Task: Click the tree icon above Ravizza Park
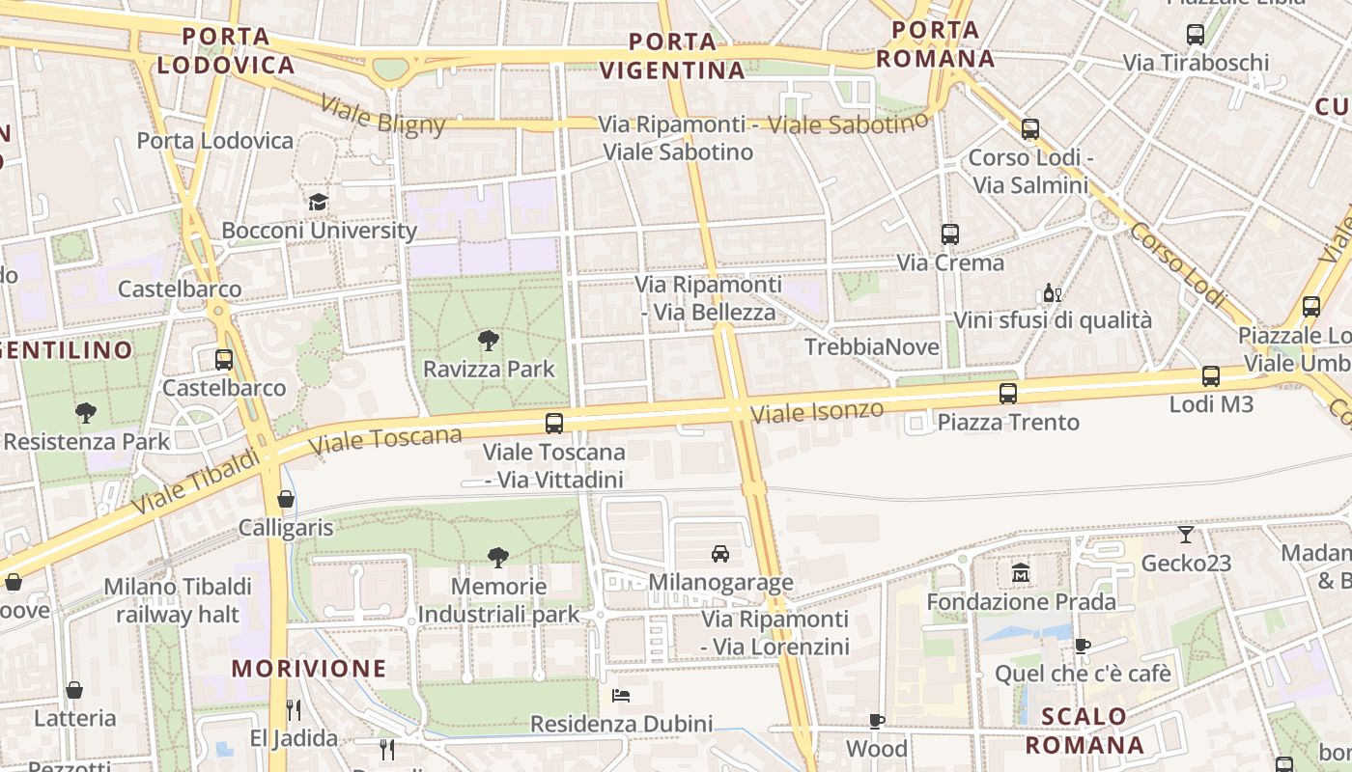tap(489, 340)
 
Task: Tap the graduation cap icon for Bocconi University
tap(318, 202)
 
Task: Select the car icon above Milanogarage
tap(720, 553)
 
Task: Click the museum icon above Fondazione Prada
tap(1021, 573)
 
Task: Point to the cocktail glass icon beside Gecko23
tap(1186, 534)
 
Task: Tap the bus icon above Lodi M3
tap(1211, 375)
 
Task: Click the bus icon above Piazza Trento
tap(1008, 393)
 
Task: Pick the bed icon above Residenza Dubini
tap(621, 695)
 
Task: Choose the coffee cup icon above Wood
tap(877, 720)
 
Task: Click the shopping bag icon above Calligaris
tap(286, 499)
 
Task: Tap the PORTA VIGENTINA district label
tap(672, 56)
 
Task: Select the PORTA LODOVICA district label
tap(226, 51)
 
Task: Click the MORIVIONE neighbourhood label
tap(309, 668)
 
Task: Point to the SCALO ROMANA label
tap(1084, 731)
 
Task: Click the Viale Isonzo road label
tap(817, 412)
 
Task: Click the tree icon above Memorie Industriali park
tap(498, 557)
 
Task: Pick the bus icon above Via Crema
tap(950, 234)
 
